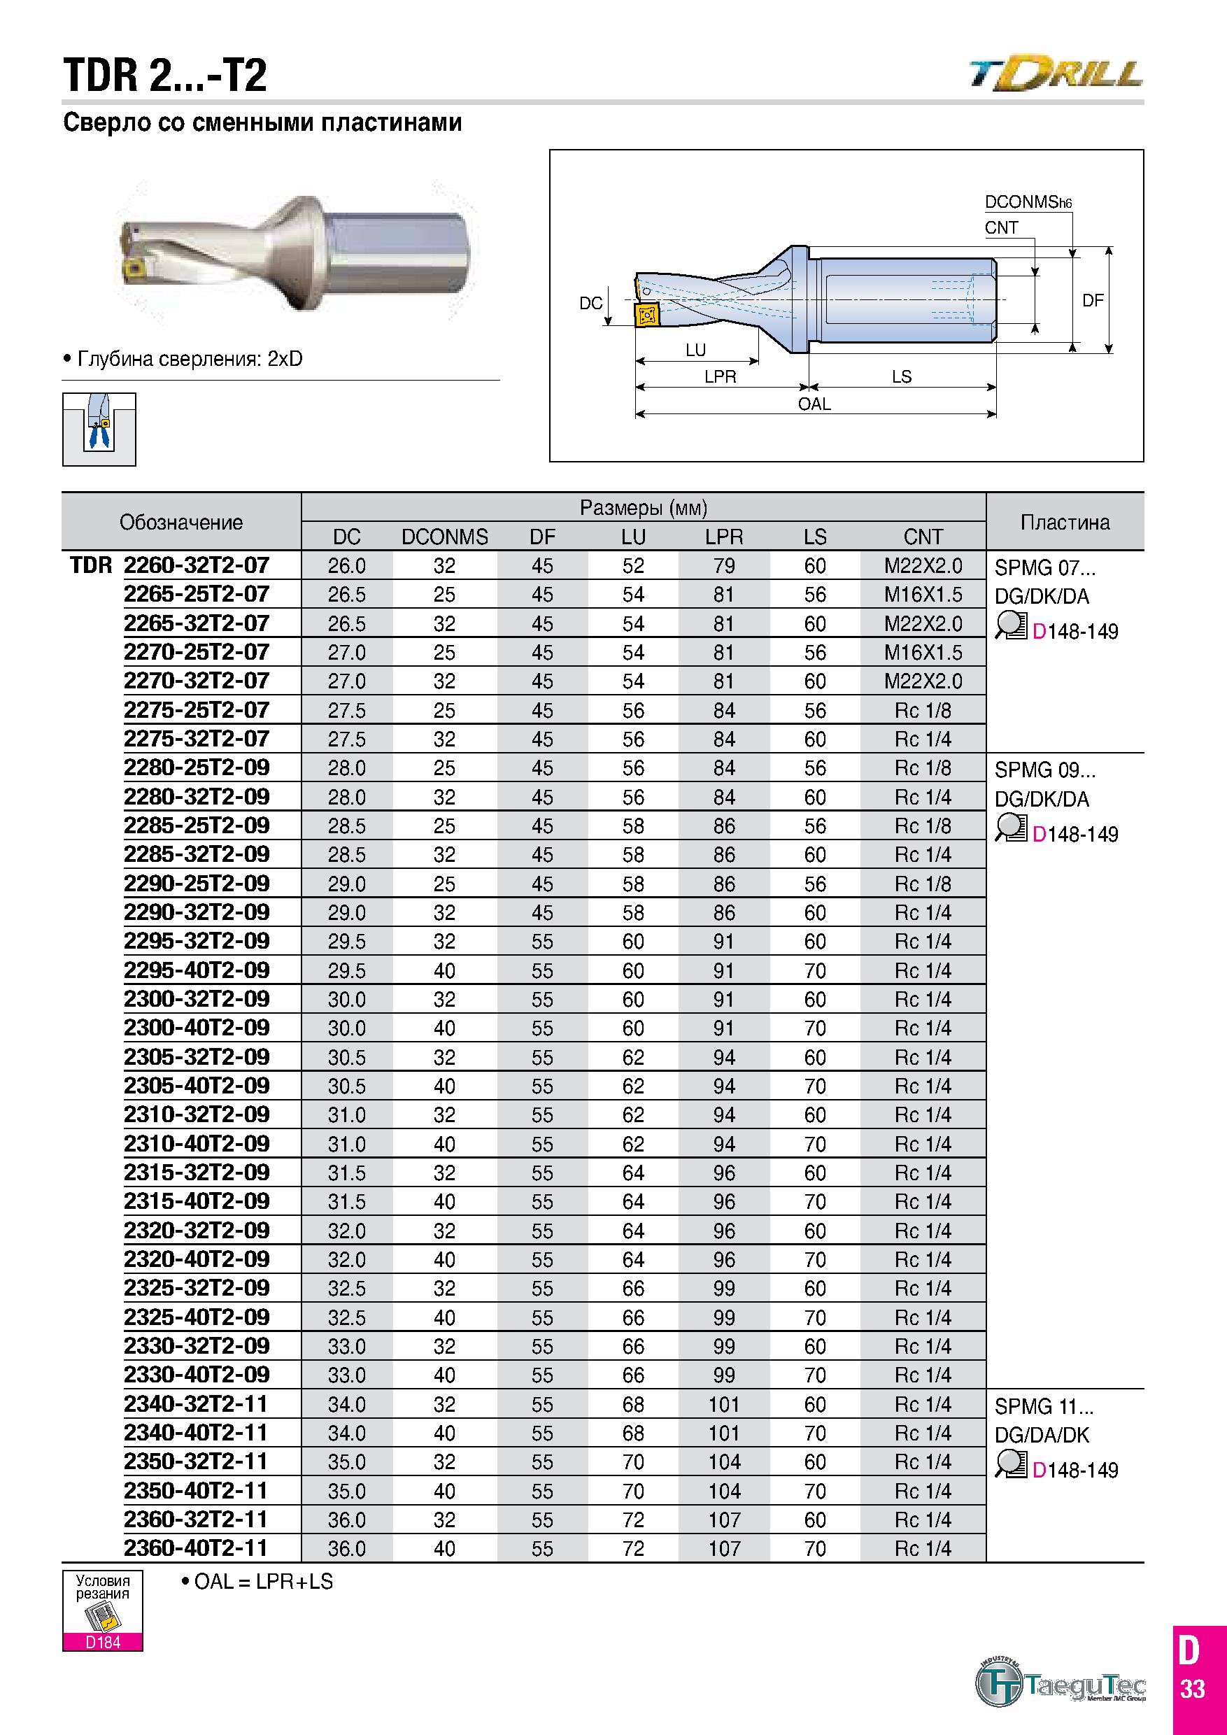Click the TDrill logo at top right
[1056, 73]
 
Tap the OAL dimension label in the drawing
[814, 404]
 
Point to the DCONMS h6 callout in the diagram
[1028, 201]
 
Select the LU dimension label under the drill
[696, 350]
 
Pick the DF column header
[542, 537]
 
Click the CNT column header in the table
[923, 537]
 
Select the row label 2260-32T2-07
[197, 565]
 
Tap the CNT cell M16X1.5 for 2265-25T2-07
[923, 595]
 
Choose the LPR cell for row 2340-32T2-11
[724, 1405]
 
